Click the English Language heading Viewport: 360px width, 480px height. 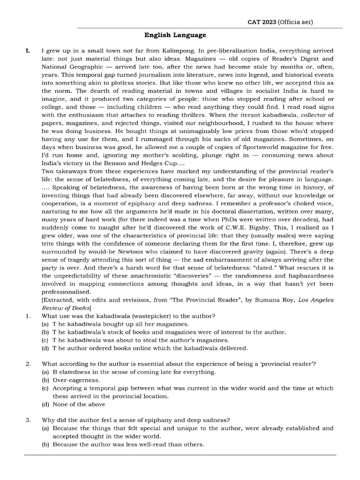(x=175, y=35)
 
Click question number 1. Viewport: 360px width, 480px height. (x=28, y=316)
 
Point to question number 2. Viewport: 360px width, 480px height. (x=28, y=364)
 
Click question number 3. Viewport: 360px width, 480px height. (x=28, y=420)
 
